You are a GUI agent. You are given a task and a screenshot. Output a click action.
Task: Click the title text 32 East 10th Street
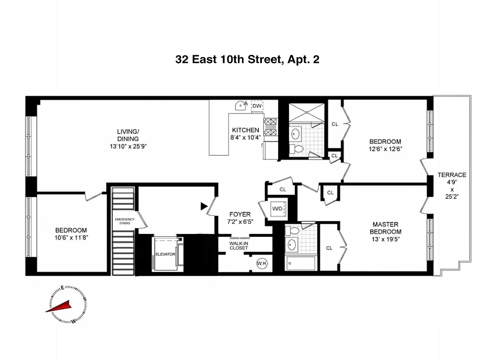coord(247,59)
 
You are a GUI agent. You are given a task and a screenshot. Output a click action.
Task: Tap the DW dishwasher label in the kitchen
coord(257,106)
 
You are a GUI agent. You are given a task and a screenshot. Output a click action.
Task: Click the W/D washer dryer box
coord(276,209)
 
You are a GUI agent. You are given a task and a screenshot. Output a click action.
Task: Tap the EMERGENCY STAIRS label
coord(125,221)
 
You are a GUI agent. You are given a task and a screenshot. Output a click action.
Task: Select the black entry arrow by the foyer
coord(204,207)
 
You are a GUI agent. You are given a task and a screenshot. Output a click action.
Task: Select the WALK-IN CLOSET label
coord(238,245)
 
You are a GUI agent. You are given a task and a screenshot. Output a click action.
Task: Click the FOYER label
coord(239,215)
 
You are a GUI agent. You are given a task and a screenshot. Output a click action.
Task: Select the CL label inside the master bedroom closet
coord(329,248)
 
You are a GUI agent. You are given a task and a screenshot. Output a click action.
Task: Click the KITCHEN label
coord(245,130)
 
